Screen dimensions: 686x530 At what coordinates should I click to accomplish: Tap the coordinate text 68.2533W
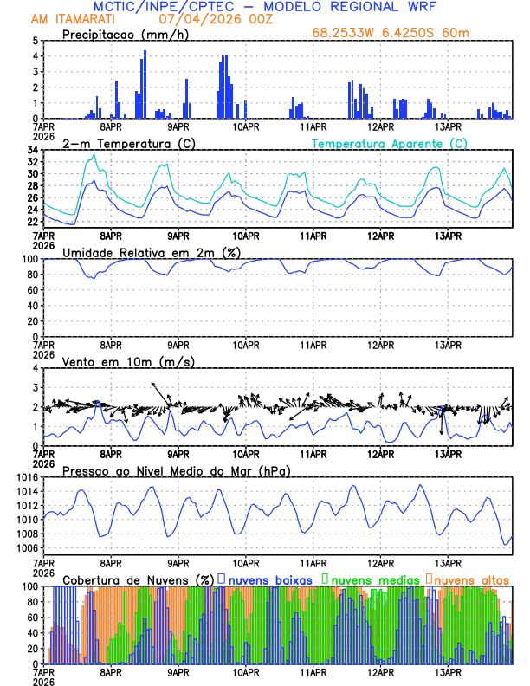[x=343, y=34]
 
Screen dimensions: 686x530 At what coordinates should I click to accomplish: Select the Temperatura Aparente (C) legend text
[x=389, y=143]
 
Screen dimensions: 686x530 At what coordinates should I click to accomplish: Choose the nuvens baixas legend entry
[x=268, y=579]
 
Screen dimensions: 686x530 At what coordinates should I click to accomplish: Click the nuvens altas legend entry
[x=471, y=579]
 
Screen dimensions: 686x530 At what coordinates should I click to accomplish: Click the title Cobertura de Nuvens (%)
[x=139, y=579]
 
